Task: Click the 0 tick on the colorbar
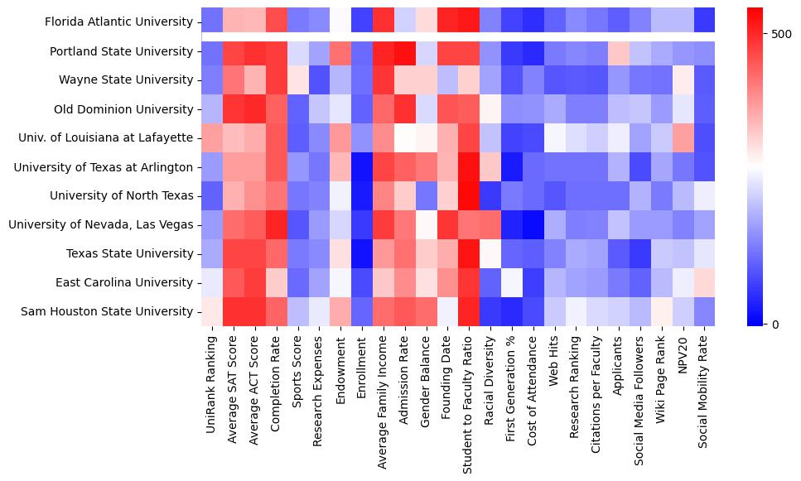click(x=775, y=324)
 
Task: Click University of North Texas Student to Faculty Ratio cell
click(x=470, y=196)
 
